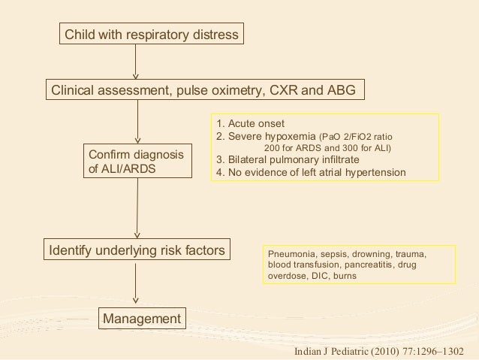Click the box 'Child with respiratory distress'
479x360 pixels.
(151, 35)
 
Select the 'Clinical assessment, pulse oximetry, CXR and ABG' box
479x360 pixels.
(205, 91)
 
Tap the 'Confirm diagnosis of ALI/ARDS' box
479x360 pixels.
(135, 162)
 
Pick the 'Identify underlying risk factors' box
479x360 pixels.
(137, 249)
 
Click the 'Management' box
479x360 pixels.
(142, 319)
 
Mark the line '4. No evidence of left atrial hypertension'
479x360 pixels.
(311, 172)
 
